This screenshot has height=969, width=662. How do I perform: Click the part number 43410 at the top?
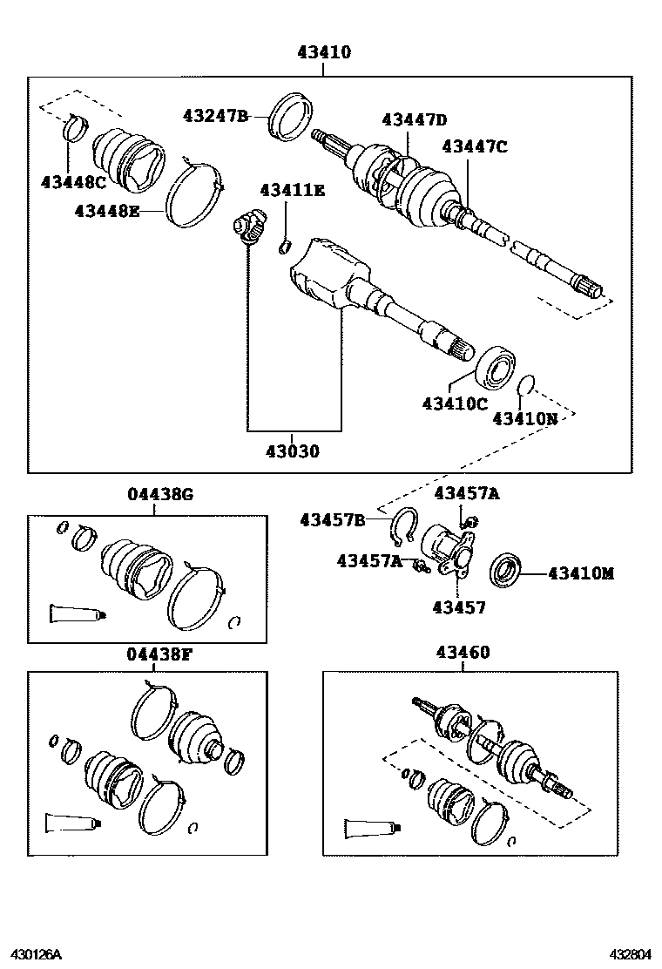[x=323, y=53]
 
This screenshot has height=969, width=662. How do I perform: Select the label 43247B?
[x=216, y=116]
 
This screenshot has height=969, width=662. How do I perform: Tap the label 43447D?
[x=414, y=120]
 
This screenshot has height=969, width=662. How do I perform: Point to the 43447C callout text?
[x=474, y=146]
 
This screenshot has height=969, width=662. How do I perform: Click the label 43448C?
[x=73, y=181]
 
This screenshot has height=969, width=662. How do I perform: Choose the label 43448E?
[x=107, y=211]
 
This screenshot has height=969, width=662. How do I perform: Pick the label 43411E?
[x=292, y=190]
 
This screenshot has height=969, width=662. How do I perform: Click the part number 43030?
[x=293, y=451]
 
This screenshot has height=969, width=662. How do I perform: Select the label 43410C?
[x=455, y=403]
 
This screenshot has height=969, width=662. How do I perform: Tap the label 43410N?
[x=525, y=418]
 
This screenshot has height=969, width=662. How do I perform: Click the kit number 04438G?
[x=160, y=495]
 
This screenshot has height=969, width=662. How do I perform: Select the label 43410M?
[x=581, y=573]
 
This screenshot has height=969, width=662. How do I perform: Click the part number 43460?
[x=462, y=653]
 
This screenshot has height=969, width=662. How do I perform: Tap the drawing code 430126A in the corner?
[x=36, y=954]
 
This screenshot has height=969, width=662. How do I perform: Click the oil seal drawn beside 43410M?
[x=506, y=570]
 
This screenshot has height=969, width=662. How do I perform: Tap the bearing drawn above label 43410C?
[x=496, y=367]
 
